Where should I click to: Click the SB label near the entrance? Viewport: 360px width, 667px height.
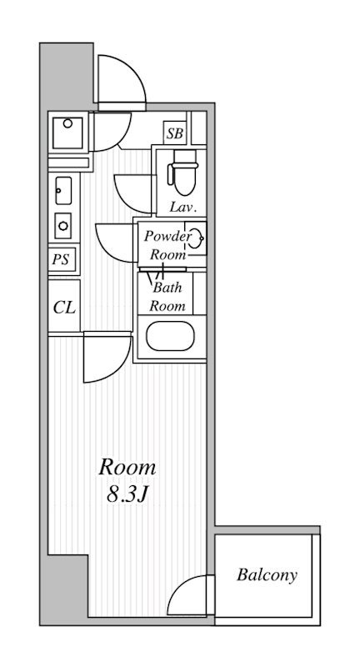pos(175,133)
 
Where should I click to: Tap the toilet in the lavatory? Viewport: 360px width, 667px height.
pos(183,173)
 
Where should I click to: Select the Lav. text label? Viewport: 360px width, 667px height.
pos(183,207)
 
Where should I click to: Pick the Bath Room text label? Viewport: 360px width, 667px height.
pos(167,297)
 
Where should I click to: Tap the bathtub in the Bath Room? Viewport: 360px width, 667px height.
pos(170,336)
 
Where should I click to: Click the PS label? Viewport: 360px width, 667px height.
pos(61,260)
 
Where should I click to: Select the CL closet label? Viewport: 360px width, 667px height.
pos(65,307)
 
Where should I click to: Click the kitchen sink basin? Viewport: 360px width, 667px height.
pos(63,191)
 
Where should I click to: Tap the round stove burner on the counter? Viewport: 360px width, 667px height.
pos(63,225)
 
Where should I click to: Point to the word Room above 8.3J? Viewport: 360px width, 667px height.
pos(127,468)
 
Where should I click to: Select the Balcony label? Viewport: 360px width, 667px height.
pos(267,575)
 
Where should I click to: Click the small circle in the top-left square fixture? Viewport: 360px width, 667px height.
pos(68,123)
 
